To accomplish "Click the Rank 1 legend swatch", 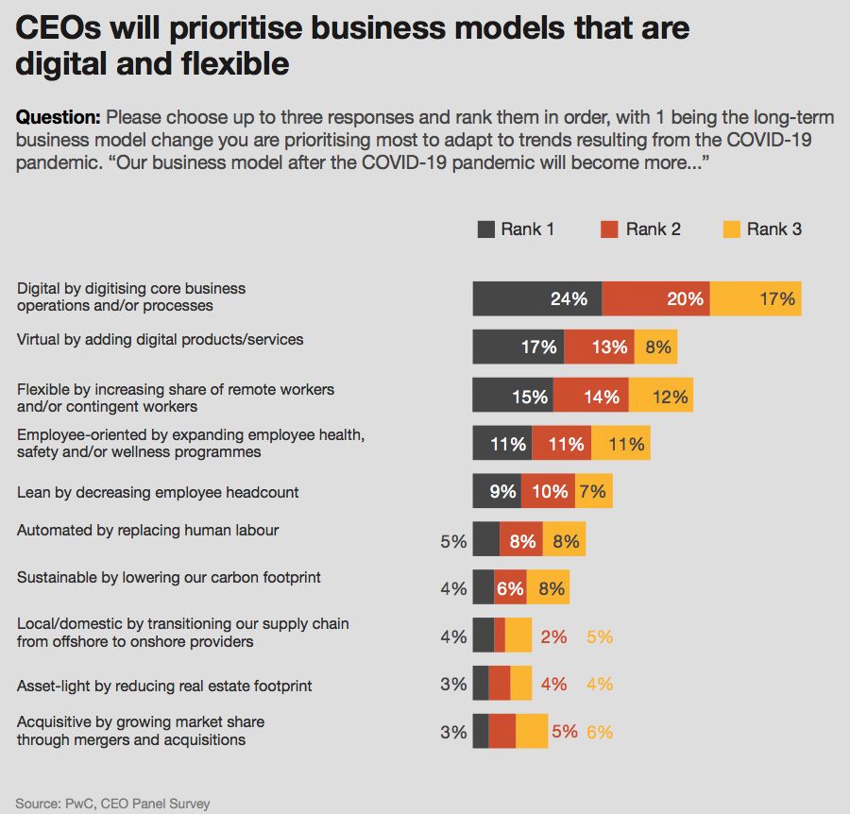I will [x=485, y=229].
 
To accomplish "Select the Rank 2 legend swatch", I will [x=609, y=229].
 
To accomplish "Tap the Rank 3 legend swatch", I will [x=731, y=229].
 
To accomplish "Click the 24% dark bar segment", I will [x=536, y=298].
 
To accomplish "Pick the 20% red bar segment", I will [x=655, y=298].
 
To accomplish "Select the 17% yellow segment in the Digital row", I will [x=756, y=298].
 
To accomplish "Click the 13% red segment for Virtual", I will [x=599, y=347].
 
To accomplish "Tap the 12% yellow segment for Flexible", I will [x=660, y=396].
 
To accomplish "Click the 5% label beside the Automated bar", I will [x=453, y=542].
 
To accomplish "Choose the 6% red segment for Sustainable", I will [x=510, y=588].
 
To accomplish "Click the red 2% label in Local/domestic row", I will [x=553, y=637].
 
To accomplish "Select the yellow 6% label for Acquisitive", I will [x=600, y=732].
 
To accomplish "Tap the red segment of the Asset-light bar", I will [x=499, y=683].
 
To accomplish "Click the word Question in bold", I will [x=58, y=118].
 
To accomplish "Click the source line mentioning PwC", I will [x=112, y=804].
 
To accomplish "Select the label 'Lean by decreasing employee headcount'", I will [x=158, y=492].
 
